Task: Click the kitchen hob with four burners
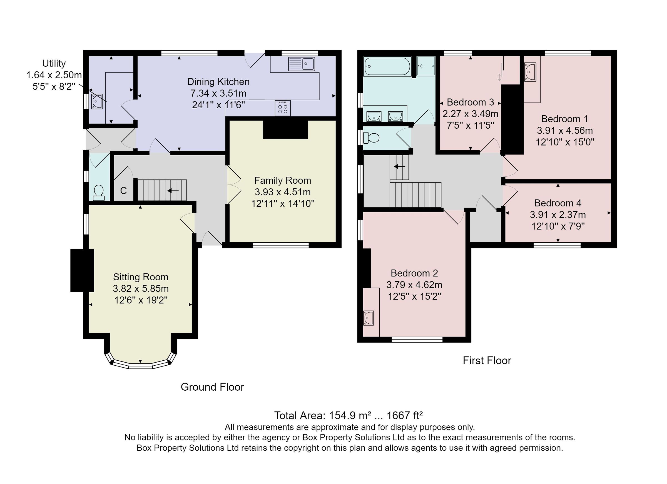click(283, 108)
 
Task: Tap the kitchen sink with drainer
click(302, 64)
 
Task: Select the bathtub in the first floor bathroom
click(387, 66)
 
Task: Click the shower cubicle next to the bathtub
click(426, 66)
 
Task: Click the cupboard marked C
click(123, 191)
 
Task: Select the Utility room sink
click(97, 101)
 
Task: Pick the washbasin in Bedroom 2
click(369, 318)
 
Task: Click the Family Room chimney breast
click(285, 129)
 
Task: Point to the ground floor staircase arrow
click(173, 191)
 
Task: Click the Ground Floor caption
click(212, 387)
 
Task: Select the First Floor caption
click(487, 361)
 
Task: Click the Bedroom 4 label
click(558, 203)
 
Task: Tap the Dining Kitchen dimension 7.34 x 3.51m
click(218, 93)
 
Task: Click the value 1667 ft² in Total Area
click(404, 415)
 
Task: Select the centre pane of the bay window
click(140, 366)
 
